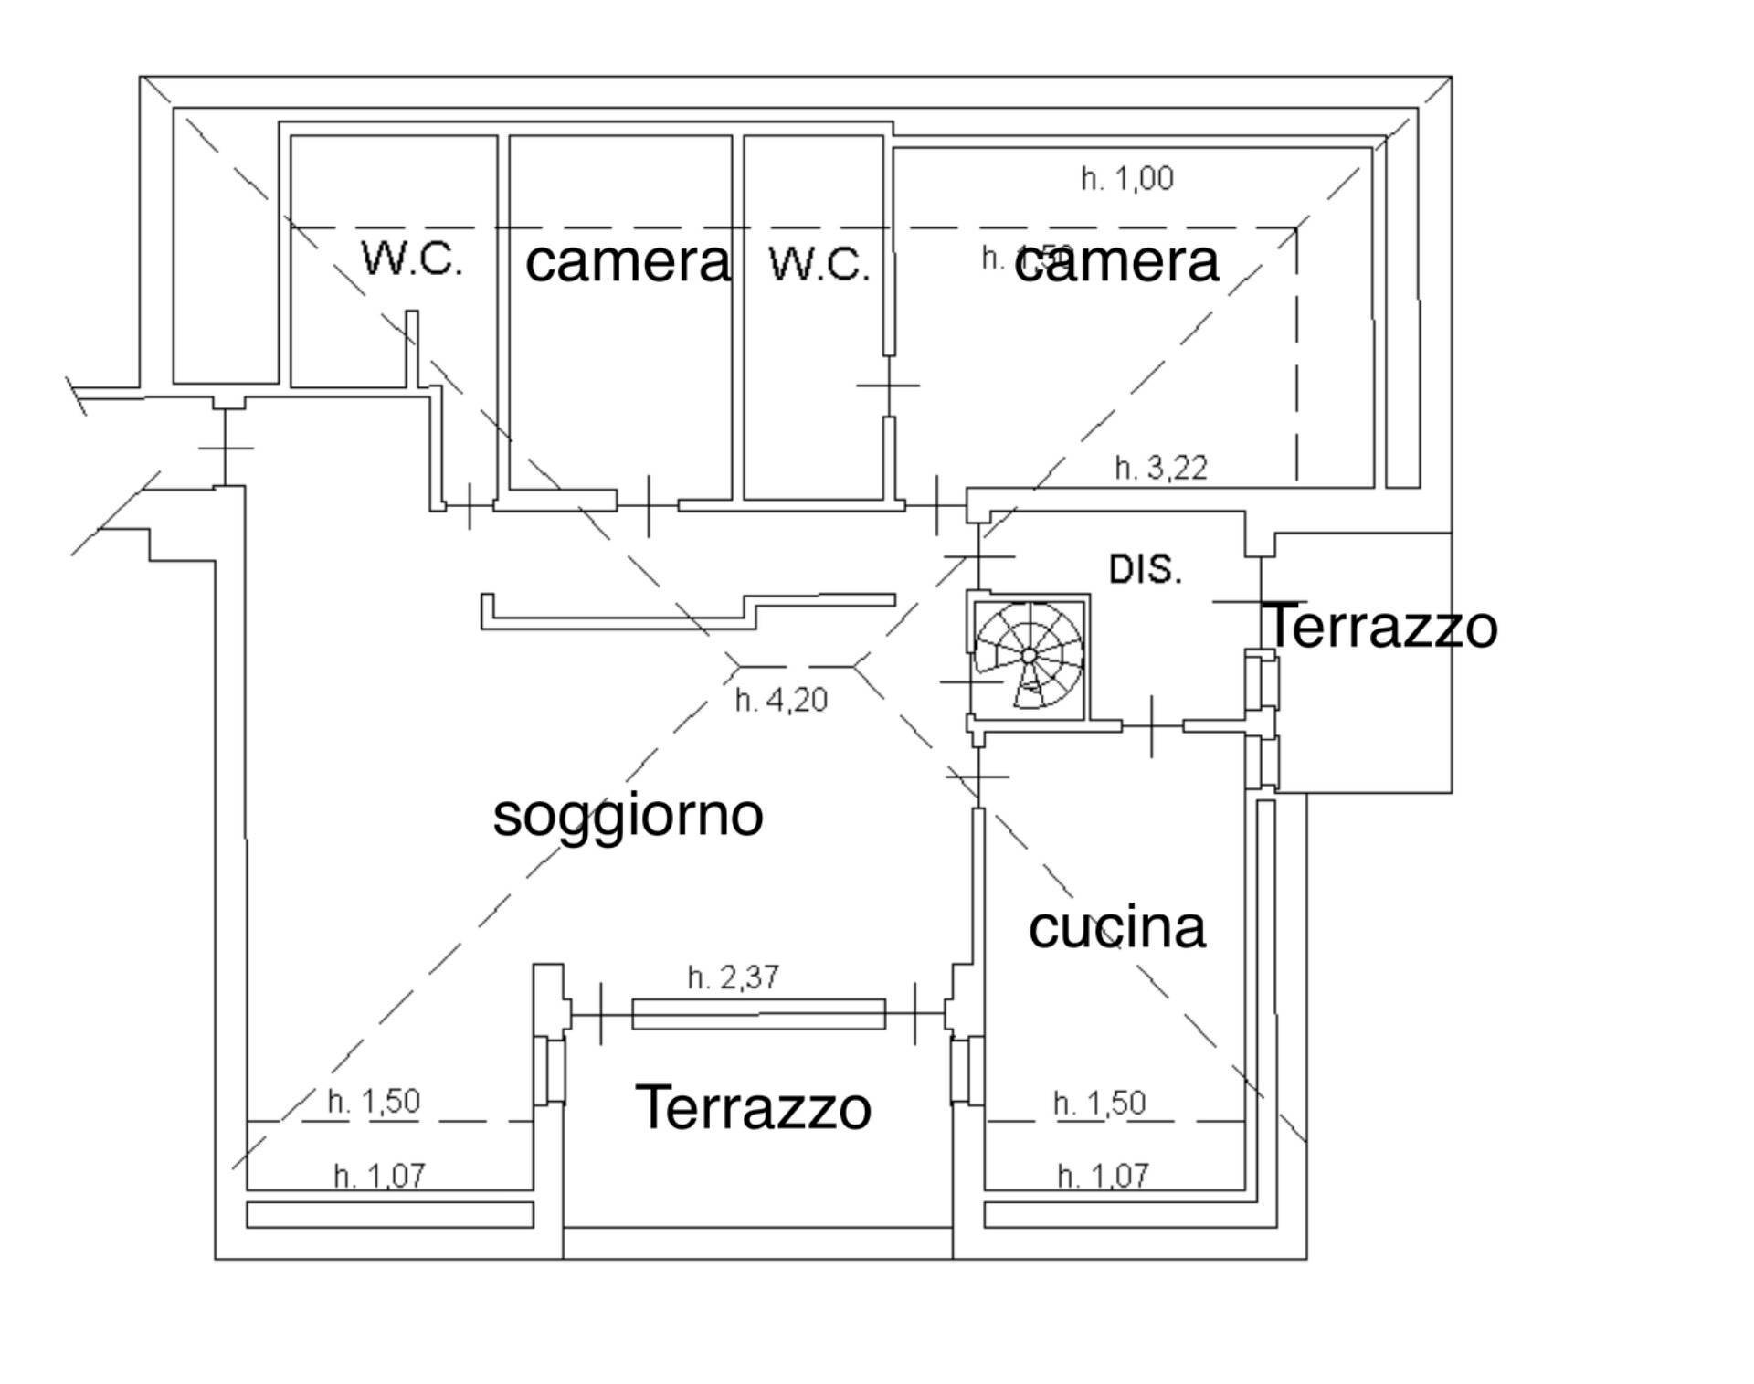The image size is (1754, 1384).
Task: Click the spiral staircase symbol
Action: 1029,656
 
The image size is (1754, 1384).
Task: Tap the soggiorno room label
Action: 628,815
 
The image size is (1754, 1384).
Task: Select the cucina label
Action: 1116,927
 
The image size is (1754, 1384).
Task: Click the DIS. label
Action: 1145,569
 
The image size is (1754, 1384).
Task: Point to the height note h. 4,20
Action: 781,701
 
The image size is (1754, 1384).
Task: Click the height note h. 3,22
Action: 1160,468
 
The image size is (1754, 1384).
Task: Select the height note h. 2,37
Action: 734,977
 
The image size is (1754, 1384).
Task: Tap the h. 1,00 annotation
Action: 1126,178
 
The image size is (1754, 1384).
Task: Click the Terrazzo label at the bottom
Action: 753,1107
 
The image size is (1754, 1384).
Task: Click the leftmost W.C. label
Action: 412,259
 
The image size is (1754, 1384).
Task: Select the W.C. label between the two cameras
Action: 819,264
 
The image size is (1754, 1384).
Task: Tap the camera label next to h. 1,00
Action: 1116,262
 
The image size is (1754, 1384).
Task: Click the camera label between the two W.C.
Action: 628,262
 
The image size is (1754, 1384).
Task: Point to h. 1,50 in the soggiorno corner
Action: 374,1101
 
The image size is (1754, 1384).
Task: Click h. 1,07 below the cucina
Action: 1102,1176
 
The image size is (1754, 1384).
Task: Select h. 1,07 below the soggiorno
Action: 379,1176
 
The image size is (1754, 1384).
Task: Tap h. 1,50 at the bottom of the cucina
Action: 1099,1103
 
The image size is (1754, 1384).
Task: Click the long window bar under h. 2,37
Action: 758,1014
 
